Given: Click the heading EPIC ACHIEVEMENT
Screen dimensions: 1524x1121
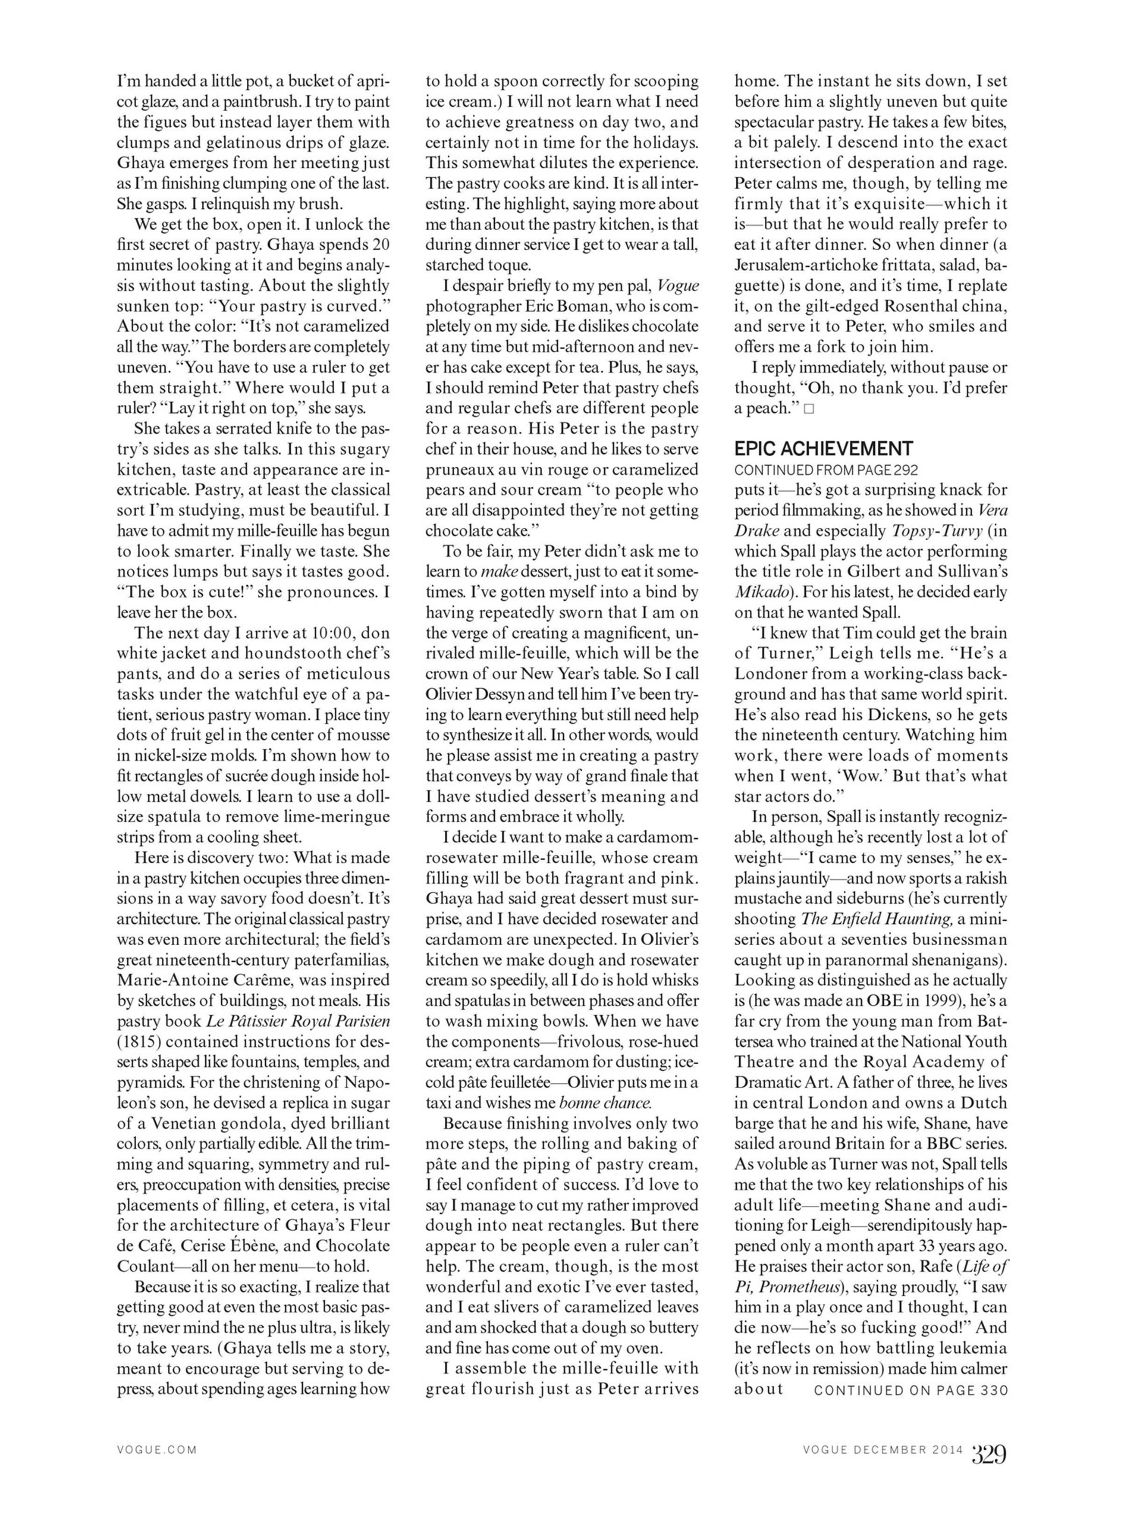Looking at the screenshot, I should coord(823,449).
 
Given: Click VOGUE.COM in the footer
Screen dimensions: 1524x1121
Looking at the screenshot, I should coord(157,1450).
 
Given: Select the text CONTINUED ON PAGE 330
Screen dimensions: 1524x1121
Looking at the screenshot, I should coord(911,1389).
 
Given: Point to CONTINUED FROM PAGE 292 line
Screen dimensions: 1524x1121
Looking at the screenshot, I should coord(826,470).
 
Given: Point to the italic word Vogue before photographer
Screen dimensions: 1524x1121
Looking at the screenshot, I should coord(678,285).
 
